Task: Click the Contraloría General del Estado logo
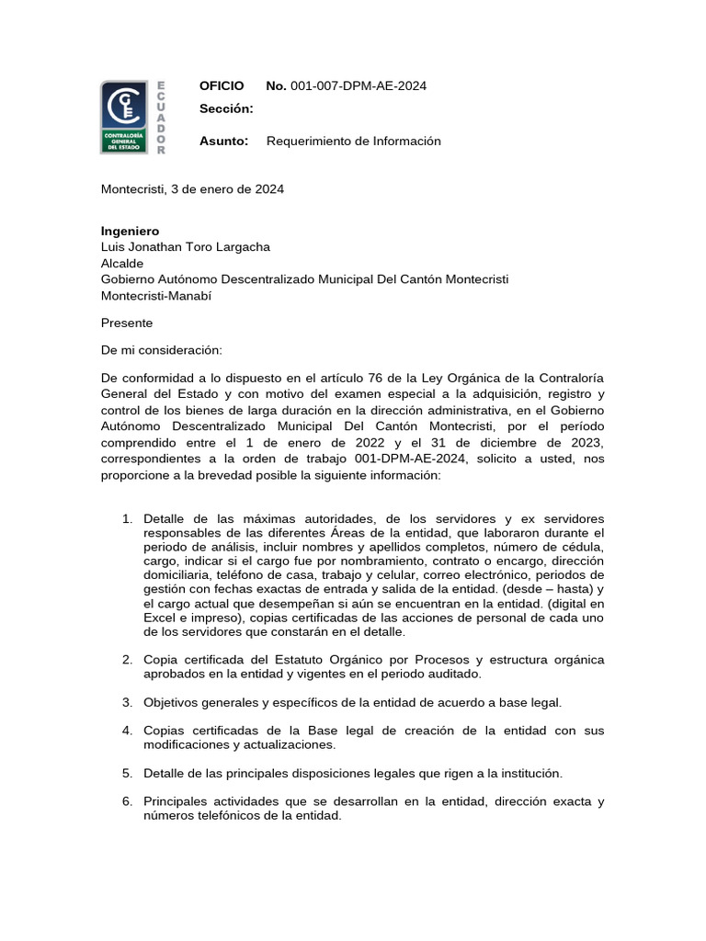coord(123,117)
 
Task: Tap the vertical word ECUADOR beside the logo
coord(161,117)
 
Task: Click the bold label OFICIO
coord(222,86)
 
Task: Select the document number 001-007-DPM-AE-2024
coord(358,86)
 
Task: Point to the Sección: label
coord(225,109)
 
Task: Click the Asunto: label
coord(224,141)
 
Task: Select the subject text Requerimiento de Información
coord(353,141)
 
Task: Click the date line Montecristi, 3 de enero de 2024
coord(191,189)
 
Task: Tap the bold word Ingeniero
coord(130,231)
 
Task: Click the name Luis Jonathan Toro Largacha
coord(185,246)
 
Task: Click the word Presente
coord(126,323)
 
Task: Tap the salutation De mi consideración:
coord(161,350)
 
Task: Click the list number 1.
coord(128,519)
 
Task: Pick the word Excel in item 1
coord(161,618)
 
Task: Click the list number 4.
coord(128,731)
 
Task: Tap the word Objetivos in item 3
coord(173,702)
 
